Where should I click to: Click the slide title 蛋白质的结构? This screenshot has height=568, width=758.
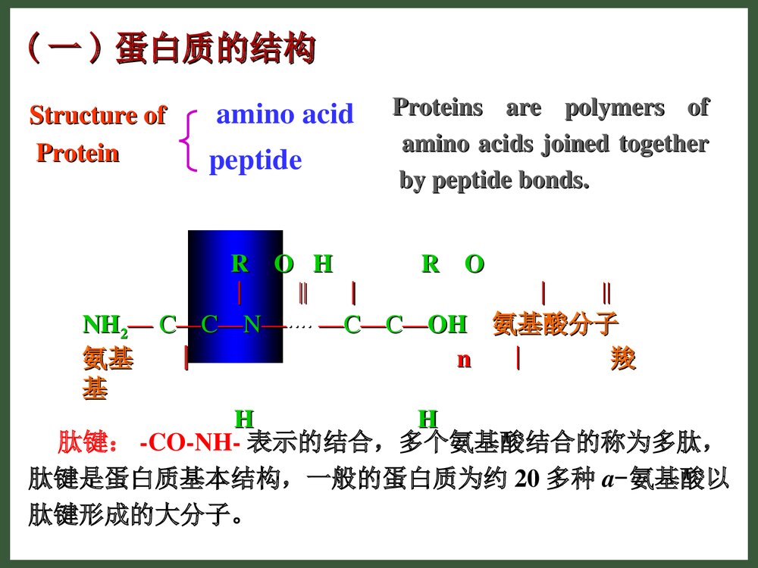tap(215, 50)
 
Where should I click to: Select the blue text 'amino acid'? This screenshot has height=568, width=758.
tap(285, 114)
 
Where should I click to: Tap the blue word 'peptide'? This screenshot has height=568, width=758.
tap(255, 161)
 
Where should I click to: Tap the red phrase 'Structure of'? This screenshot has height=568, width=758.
tap(97, 115)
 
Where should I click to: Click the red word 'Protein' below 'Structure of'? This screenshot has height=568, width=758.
tap(78, 154)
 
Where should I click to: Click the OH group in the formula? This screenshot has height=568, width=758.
tap(447, 325)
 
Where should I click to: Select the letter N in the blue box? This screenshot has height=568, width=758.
tap(252, 326)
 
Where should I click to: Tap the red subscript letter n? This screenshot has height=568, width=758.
tap(463, 360)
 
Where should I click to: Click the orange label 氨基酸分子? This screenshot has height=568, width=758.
tap(556, 325)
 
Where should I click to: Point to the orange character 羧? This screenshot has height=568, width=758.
tap(622, 360)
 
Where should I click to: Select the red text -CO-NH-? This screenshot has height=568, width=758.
tap(190, 442)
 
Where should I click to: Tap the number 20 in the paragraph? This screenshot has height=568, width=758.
tap(526, 479)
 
